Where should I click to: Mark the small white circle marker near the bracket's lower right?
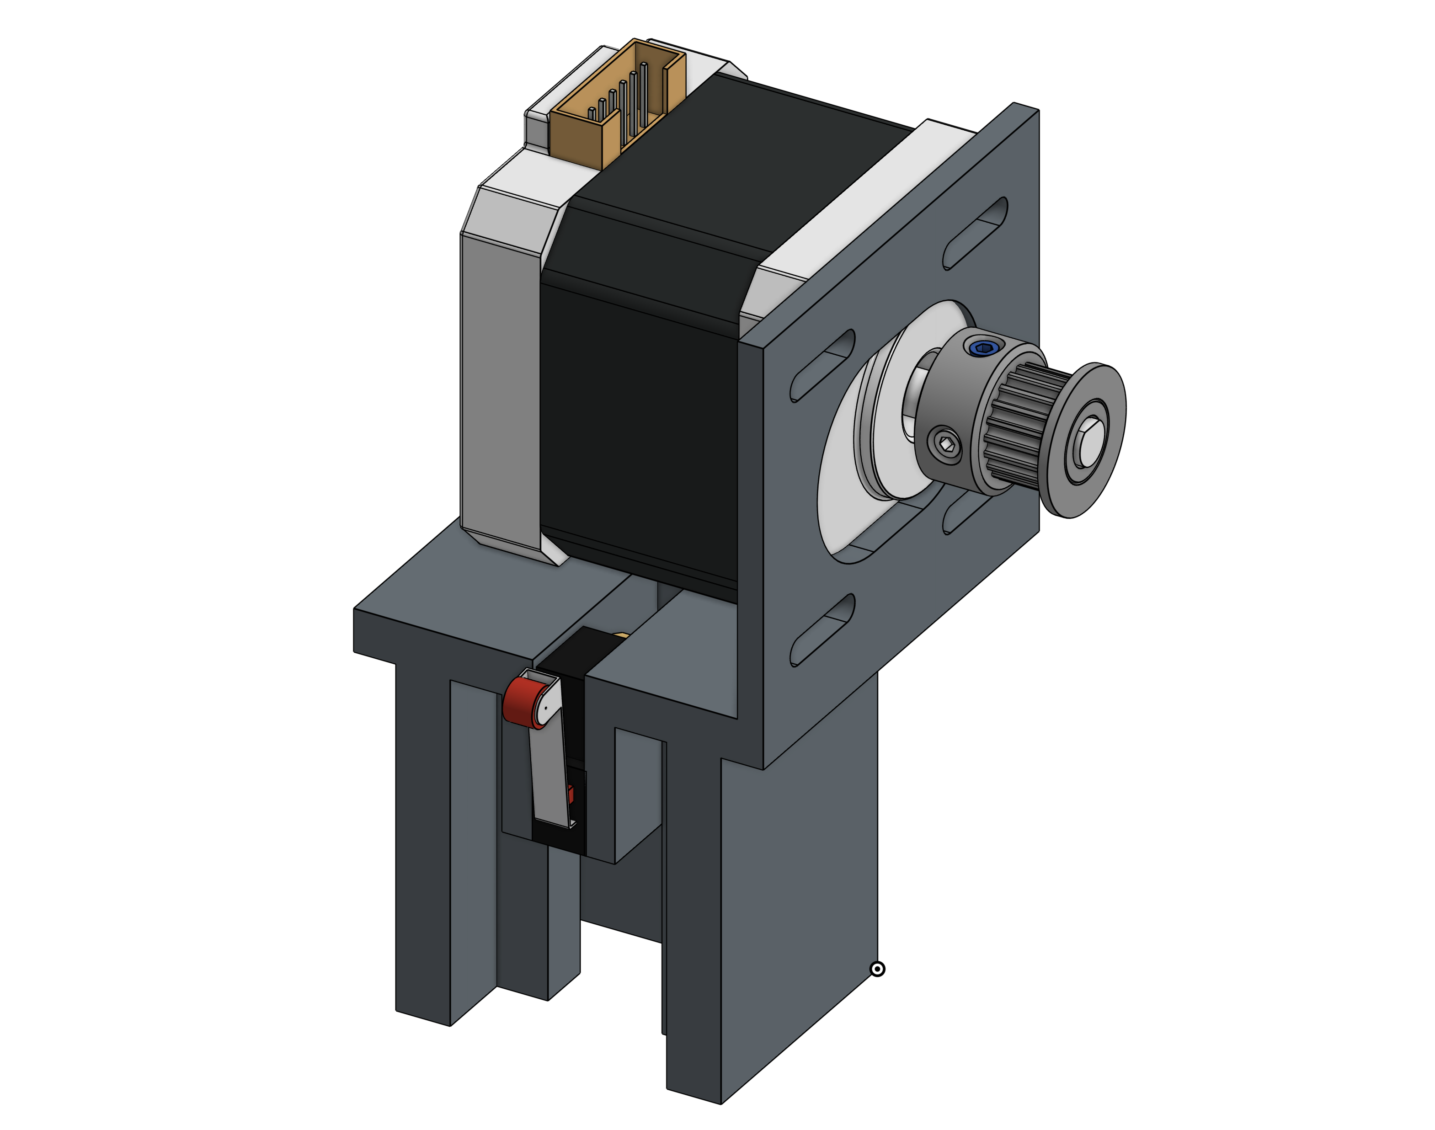tap(877, 969)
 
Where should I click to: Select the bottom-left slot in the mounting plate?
tap(822, 630)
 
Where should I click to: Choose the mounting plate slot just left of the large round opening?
tap(822, 365)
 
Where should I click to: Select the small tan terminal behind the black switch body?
tap(622, 636)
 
